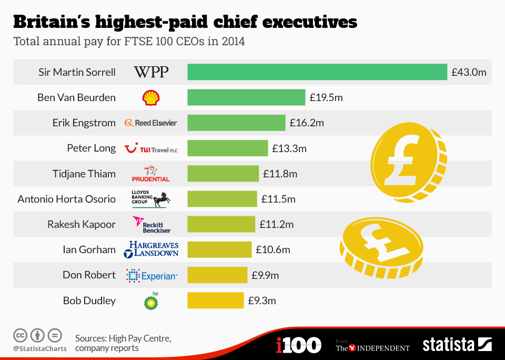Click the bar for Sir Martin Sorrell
317,72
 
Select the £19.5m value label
326,97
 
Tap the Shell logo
151,97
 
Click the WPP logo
151,72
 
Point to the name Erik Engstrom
84,123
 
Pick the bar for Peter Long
227,148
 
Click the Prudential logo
151,173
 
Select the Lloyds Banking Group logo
151,199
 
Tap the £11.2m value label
276,224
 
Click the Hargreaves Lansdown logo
151,249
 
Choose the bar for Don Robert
217,275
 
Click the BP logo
151,301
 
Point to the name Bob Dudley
89,301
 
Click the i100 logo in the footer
298,345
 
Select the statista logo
457,345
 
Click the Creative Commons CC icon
20,335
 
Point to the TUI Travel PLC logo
151,148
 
